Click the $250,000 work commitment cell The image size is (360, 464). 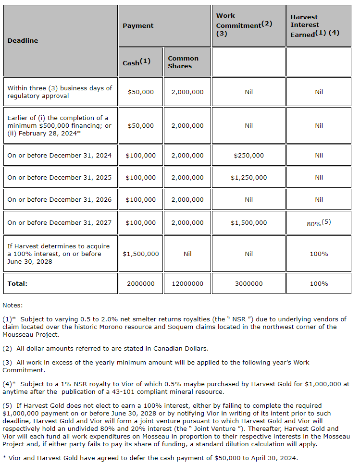[x=248, y=155]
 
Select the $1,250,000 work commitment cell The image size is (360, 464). [x=248, y=177]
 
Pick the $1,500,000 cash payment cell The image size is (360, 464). [x=141, y=254]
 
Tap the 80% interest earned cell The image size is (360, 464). [x=319, y=223]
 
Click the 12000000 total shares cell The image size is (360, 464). [x=187, y=283]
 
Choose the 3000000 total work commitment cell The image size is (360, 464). [x=248, y=283]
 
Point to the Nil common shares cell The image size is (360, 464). [x=187, y=254]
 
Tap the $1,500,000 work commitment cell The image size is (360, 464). [x=248, y=222]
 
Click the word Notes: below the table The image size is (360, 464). [x=12, y=305]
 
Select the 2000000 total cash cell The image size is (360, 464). [x=141, y=283]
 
